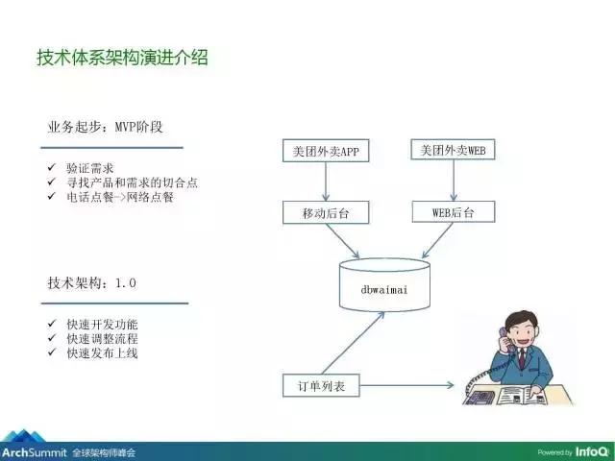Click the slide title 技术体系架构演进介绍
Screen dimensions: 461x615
121,59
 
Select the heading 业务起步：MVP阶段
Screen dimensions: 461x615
111,128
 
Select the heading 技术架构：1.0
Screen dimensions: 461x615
92,283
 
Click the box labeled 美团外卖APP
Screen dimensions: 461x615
326,152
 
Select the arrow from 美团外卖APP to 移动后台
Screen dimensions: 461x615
326,182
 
